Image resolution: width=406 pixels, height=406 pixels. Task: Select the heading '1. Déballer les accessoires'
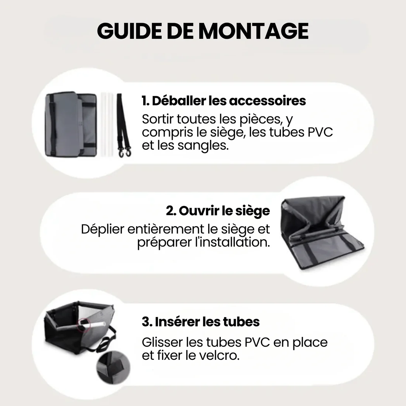(224, 101)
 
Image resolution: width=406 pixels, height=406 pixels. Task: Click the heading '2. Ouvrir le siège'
(218, 211)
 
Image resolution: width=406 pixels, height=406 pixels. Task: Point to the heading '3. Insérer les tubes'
(200, 321)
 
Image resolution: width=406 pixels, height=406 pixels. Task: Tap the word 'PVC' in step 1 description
(320, 132)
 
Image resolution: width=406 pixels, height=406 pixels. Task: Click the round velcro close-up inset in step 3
(110, 368)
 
